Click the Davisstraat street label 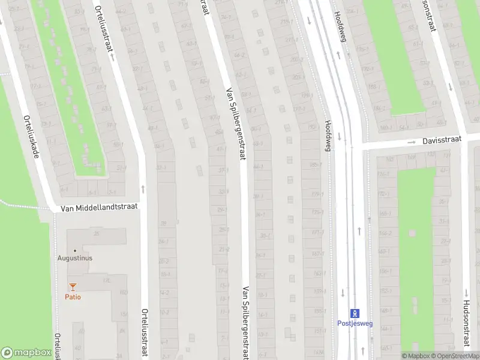(x=441, y=139)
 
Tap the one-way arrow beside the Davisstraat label (x=412, y=143)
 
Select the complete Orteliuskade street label (x=31, y=137)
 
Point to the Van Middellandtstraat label (x=100, y=206)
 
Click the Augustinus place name (x=74, y=258)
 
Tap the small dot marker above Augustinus (x=74, y=250)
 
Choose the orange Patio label (x=73, y=297)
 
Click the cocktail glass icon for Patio (x=73, y=287)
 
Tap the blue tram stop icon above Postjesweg (x=355, y=313)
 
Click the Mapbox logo (x=26, y=352)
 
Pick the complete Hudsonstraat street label (x=466, y=324)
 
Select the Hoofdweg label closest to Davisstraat (x=328, y=136)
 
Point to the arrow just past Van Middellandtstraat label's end (x=143, y=188)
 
